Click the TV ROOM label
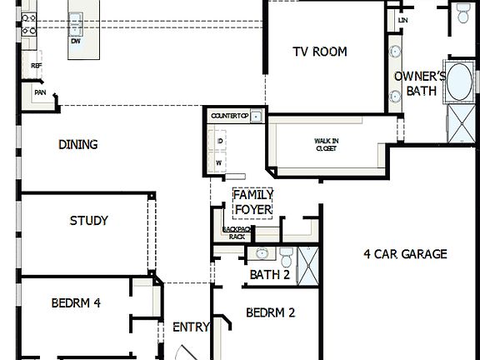[x=319, y=52]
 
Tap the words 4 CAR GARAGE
[x=405, y=254]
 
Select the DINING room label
[x=77, y=144]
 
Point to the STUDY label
[x=88, y=221]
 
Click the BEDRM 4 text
[x=75, y=303]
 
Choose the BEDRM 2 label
[x=271, y=312]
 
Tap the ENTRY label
[x=191, y=327]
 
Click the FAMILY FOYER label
[x=253, y=202]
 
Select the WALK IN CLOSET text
[x=325, y=145]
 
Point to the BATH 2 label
[x=269, y=275]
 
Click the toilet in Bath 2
[x=285, y=253]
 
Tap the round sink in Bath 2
[x=262, y=253]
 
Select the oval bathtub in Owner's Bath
[x=459, y=82]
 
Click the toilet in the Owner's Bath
[x=462, y=12]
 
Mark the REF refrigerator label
[x=36, y=65]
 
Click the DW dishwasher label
[x=76, y=40]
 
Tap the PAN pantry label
[x=39, y=92]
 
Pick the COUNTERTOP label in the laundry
[x=230, y=116]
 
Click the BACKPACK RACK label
[x=237, y=232]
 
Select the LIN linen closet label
[x=403, y=18]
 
